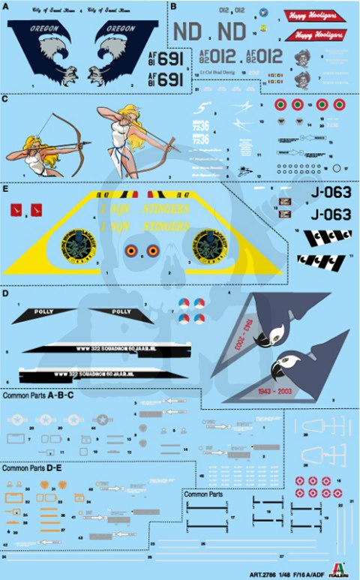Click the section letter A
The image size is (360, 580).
click(7, 7)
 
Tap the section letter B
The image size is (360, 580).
click(172, 7)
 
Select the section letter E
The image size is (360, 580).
click(6, 189)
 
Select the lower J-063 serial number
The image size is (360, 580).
click(329, 215)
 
